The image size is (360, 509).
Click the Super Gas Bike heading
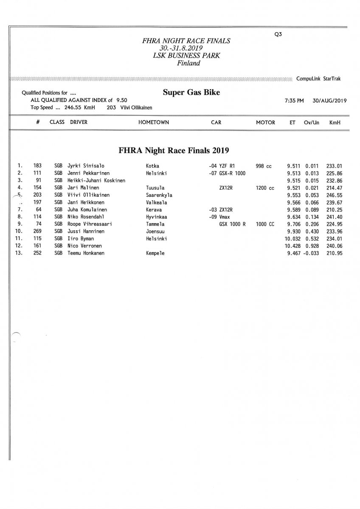coord(191,92)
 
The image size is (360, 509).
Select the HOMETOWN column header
coord(154,122)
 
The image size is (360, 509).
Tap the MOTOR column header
coord(265,122)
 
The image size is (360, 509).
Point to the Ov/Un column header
coord(312,122)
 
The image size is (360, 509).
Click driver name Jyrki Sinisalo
coord(86,166)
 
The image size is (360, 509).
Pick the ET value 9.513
coord(295,173)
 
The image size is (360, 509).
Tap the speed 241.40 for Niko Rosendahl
coord(334,217)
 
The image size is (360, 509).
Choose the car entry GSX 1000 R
coord(232,224)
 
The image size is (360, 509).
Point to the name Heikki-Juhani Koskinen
coord(96,180)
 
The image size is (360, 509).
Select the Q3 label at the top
coord(278,35)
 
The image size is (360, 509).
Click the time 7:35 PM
coord(294,101)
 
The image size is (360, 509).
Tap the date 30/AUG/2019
coord(329,101)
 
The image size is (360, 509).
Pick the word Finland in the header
coord(188,64)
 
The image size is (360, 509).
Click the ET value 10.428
coord(293,246)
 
